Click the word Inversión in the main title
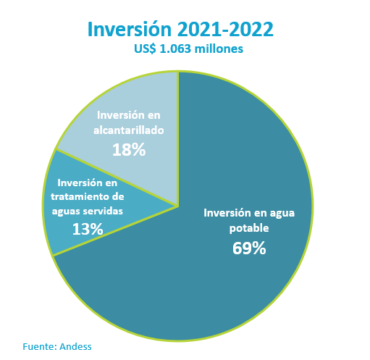(x=130, y=29)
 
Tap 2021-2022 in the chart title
(x=225, y=29)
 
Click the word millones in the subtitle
(x=219, y=49)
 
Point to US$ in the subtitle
(x=146, y=49)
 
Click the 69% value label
(x=249, y=248)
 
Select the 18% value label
(x=129, y=150)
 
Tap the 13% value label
(x=88, y=229)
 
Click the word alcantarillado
(x=129, y=130)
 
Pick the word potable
(x=249, y=228)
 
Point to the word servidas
(x=103, y=212)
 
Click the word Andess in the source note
(x=75, y=346)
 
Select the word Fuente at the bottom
(x=40, y=346)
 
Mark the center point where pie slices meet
(x=178, y=206)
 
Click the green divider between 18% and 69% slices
(x=178, y=139)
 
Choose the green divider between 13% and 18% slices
(x=117, y=177)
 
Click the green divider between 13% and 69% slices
(x=115, y=231)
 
